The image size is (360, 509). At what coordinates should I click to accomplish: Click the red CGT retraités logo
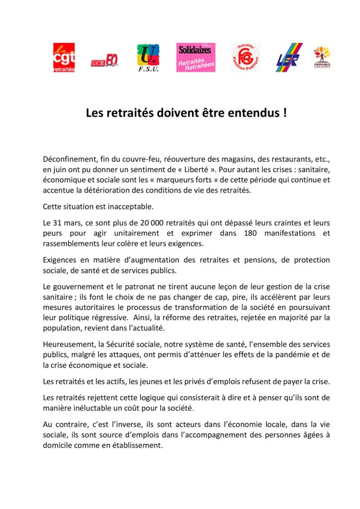(x=64, y=58)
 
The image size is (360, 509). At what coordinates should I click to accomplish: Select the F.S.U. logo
(x=148, y=58)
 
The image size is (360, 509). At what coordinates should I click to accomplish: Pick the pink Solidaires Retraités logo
(x=195, y=57)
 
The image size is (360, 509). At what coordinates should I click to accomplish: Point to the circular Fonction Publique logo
(x=245, y=58)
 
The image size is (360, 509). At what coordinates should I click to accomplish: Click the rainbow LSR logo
(x=289, y=58)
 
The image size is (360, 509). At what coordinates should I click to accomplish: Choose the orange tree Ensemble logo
(x=322, y=57)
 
